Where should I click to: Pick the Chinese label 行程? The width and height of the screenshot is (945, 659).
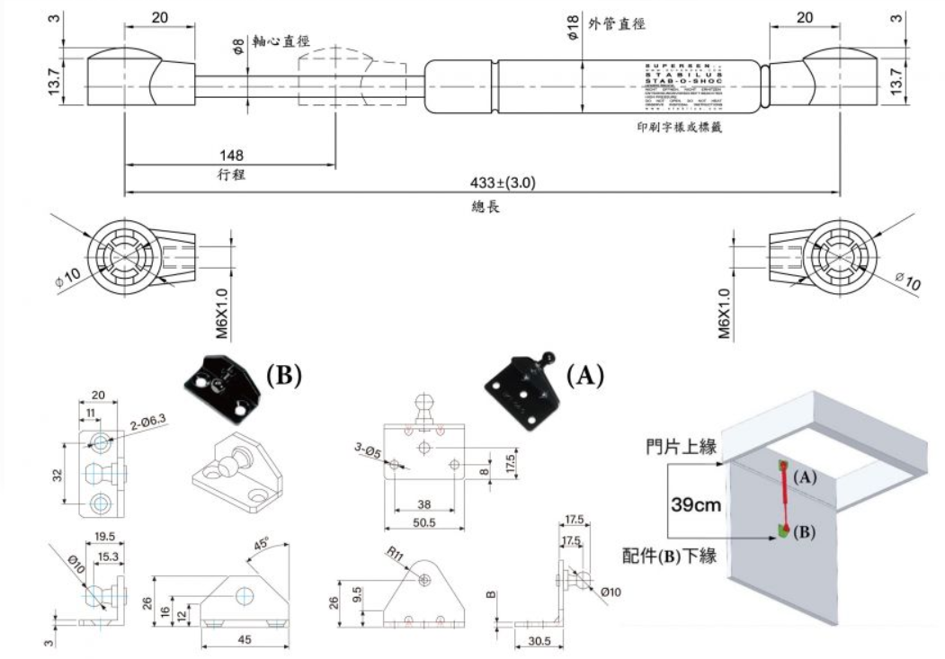point(231,174)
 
